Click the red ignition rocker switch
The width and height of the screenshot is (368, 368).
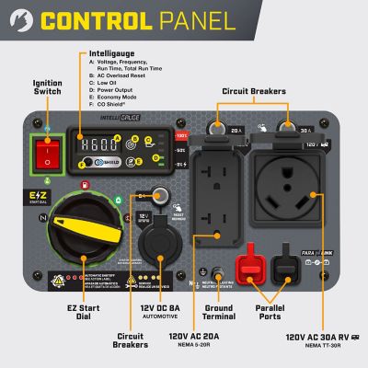pos(41,154)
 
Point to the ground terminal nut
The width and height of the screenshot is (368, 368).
pos(220,274)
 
